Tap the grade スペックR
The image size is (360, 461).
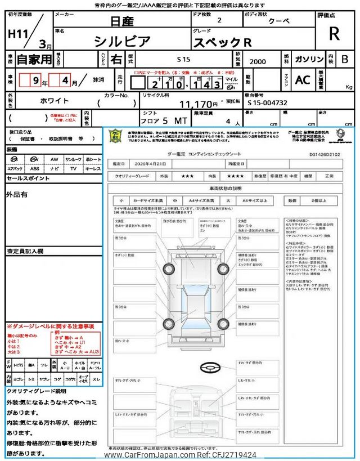coord(223,42)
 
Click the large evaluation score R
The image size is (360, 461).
coord(334,33)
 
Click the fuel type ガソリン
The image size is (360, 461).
coord(309,59)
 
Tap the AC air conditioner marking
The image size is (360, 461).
coord(303,80)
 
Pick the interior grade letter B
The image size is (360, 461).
coord(345,59)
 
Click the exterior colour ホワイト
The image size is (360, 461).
coord(55,101)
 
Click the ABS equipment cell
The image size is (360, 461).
coord(35,168)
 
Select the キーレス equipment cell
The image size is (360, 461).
coord(92,168)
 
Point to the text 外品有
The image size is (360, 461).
coord(17,195)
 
